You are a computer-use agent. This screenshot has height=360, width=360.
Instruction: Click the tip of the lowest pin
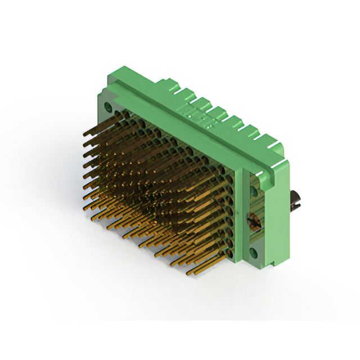[x=188, y=274]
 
